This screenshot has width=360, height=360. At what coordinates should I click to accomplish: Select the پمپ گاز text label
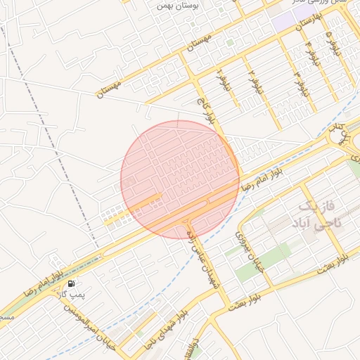pyautogui.click(x=72, y=294)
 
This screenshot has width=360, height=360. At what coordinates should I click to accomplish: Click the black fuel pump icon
pyautogui.click(x=71, y=283)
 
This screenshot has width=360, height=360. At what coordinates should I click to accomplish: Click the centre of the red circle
pyautogui.click(x=180, y=180)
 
